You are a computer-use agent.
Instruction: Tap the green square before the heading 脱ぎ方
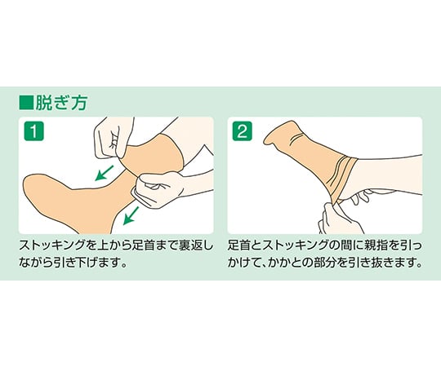coord(25,104)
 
